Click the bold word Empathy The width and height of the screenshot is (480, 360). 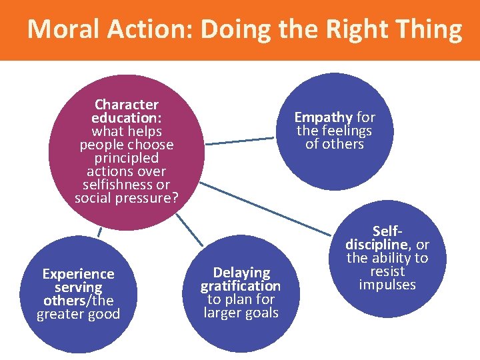pyautogui.click(x=323, y=117)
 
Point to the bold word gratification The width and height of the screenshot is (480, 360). pyautogui.click(x=241, y=286)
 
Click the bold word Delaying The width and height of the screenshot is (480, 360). pyautogui.click(x=241, y=273)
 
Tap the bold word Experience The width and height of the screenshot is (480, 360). pyautogui.click(x=78, y=274)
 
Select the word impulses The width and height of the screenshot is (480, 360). pyautogui.click(x=387, y=285)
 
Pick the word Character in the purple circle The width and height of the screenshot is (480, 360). pyautogui.click(x=127, y=105)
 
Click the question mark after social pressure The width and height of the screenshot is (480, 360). pyautogui.click(x=175, y=198)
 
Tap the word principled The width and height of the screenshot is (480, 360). pyautogui.click(x=127, y=158)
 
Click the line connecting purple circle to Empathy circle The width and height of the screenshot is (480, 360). pyautogui.click(x=239, y=141)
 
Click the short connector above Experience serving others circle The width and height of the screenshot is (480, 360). pyautogui.click(x=99, y=231)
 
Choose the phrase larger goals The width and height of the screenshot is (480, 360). pyautogui.click(x=241, y=313)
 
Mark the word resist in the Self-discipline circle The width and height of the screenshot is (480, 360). pyautogui.click(x=387, y=272)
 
